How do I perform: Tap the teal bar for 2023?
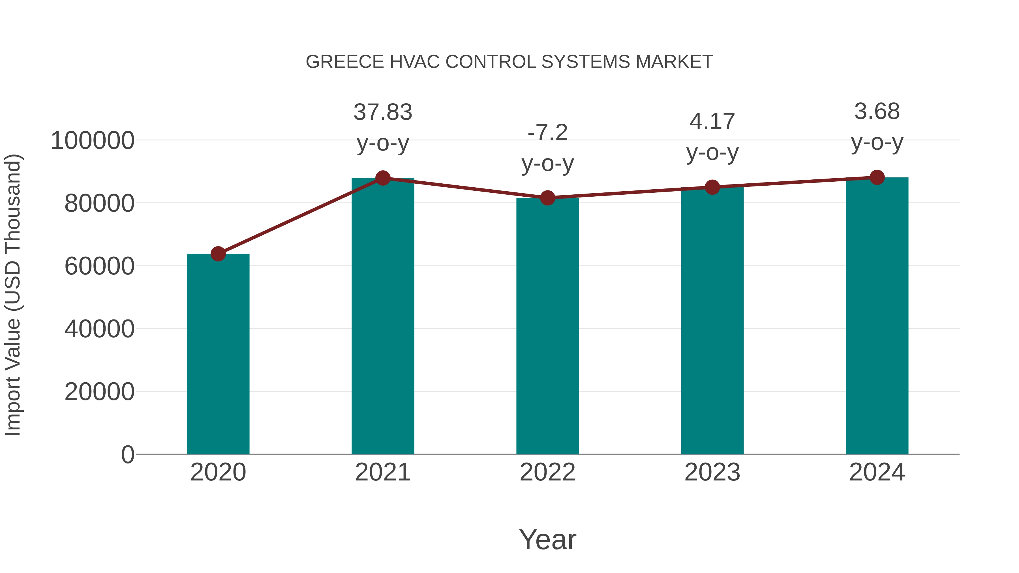tap(712, 321)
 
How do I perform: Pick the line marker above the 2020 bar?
tap(218, 254)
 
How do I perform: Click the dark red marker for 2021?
tap(382, 178)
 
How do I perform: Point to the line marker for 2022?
tap(547, 198)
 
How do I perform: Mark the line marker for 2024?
tap(877, 177)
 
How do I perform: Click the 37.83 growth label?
tap(382, 112)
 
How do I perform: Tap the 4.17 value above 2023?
tap(712, 122)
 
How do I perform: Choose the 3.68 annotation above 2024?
tap(877, 111)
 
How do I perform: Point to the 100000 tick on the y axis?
tap(93, 141)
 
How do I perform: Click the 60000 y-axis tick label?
tap(99, 266)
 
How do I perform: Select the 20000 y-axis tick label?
tap(99, 392)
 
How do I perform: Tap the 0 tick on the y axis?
tap(128, 454)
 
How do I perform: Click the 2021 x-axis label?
tap(382, 472)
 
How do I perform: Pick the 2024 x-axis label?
tap(877, 472)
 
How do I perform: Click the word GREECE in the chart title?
tap(344, 62)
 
